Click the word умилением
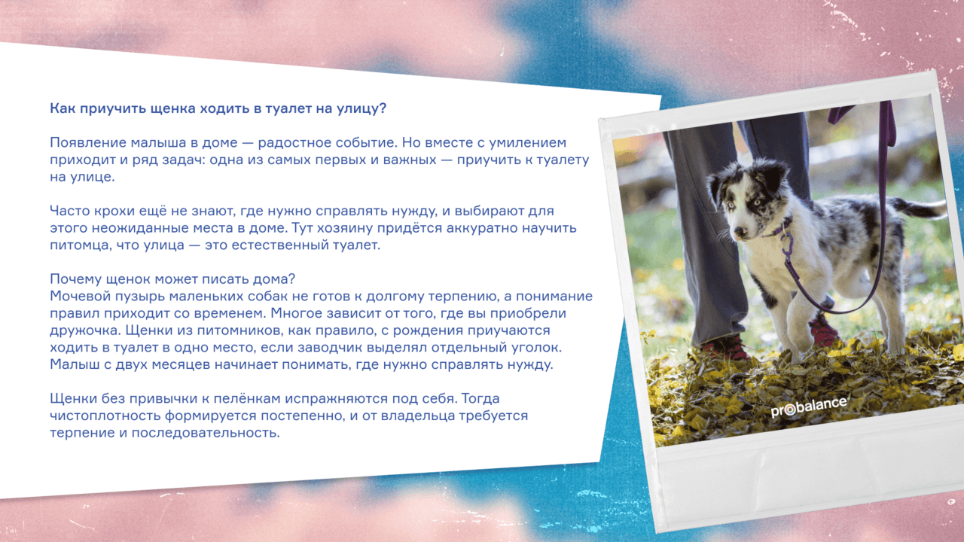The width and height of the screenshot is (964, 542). pyautogui.click(x=528, y=143)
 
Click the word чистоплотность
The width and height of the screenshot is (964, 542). pyautogui.click(x=105, y=416)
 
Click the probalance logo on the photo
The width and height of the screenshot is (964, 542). pyautogui.click(x=808, y=406)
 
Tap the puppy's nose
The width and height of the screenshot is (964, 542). pyautogui.click(x=740, y=233)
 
